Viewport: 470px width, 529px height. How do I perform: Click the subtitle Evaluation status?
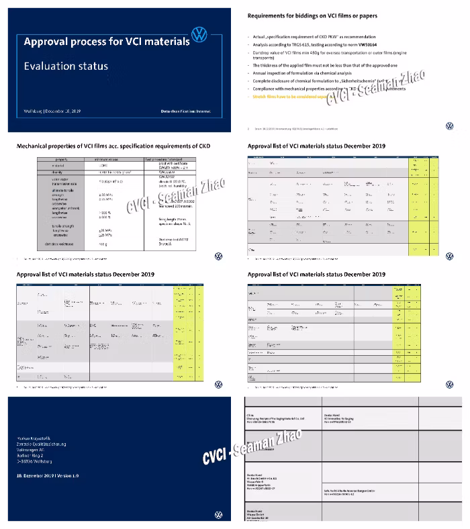(x=66, y=66)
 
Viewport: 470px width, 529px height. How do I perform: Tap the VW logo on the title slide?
(x=199, y=36)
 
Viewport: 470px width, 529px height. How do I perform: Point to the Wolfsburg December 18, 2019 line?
(x=52, y=110)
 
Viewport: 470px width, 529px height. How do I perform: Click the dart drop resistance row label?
(x=65, y=244)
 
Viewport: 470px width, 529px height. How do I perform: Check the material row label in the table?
(x=61, y=164)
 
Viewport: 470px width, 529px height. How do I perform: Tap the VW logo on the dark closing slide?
(x=218, y=514)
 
